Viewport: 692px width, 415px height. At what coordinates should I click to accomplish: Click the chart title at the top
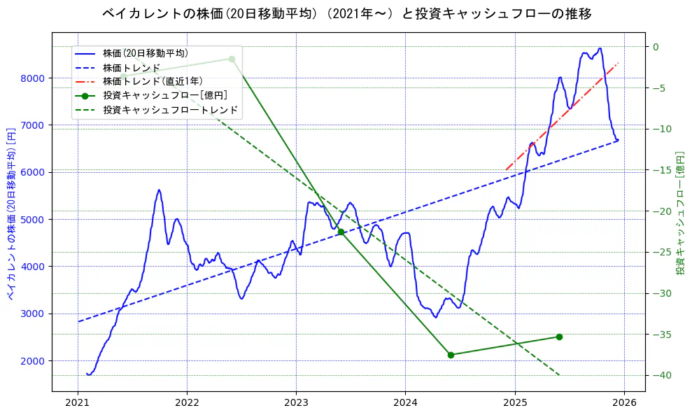pos(346,14)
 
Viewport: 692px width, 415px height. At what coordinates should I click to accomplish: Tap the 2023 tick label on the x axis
pos(296,403)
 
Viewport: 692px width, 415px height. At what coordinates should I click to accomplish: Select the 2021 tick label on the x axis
pos(78,403)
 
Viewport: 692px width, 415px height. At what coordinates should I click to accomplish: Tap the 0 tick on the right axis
pos(656,47)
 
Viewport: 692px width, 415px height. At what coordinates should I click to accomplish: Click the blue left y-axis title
pos(11,213)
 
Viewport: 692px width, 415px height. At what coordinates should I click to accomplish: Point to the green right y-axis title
pos(679,213)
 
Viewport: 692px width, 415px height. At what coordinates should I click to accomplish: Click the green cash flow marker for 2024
pos(451,355)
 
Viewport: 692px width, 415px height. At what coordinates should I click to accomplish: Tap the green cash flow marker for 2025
pos(559,337)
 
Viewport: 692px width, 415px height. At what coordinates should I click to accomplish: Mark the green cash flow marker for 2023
pos(341,232)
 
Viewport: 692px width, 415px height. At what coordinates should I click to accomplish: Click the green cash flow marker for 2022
pos(232,59)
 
